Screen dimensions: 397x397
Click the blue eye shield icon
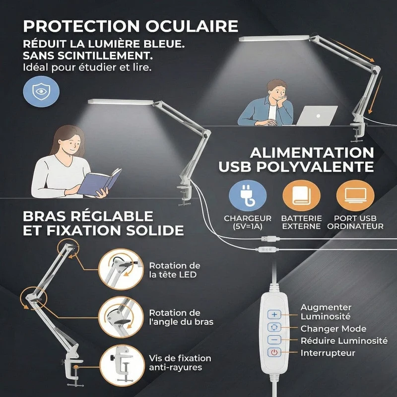click(x=41, y=91)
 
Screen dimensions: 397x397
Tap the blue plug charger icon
click(x=248, y=196)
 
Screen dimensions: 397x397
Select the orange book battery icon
click(x=301, y=196)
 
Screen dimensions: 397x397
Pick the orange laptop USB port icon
click(x=355, y=196)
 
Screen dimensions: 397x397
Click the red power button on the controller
click(x=274, y=352)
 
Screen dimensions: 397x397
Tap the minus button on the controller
click(x=274, y=339)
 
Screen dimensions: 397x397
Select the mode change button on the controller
click(x=274, y=327)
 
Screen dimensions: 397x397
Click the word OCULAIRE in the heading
click(x=192, y=26)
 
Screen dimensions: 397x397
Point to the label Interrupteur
click(x=328, y=353)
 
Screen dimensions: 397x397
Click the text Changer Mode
click(x=333, y=329)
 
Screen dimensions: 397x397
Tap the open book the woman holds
click(x=99, y=182)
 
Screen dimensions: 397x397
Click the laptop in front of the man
click(x=317, y=116)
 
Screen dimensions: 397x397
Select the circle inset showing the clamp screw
click(x=122, y=365)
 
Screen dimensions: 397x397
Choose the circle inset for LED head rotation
click(x=121, y=269)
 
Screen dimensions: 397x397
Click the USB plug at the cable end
click(x=270, y=239)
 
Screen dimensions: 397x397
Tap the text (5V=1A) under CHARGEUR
click(x=247, y=226)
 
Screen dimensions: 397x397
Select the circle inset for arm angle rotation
click(x=121, y=317)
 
